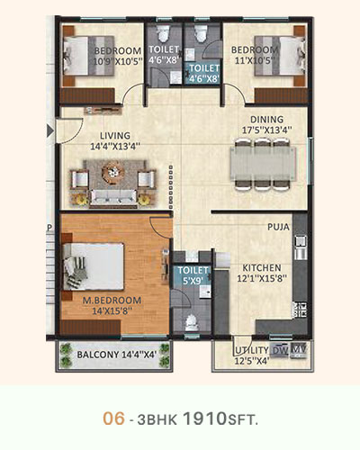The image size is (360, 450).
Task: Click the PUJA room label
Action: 278,227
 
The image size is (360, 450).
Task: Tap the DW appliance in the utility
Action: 280,350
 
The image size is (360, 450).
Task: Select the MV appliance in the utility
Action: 299,350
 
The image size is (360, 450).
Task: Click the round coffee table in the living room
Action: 112,172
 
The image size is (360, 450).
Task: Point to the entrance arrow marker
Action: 50,131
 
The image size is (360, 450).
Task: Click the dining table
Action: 263,164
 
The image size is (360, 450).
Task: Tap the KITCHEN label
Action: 262,267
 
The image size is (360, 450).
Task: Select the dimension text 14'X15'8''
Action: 112,311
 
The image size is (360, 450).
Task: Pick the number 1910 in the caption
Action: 204,418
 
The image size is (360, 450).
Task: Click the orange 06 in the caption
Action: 113,418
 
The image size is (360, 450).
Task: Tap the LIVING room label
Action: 115,136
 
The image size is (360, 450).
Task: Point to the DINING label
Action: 266,120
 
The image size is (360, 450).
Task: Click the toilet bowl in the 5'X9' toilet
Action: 192,322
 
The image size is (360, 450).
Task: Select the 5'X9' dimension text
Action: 192,281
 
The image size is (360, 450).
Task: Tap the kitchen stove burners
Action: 301,310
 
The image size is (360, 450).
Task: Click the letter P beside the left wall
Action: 49,228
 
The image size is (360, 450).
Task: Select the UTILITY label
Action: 252,350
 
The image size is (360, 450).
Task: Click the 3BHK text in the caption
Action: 157,419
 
